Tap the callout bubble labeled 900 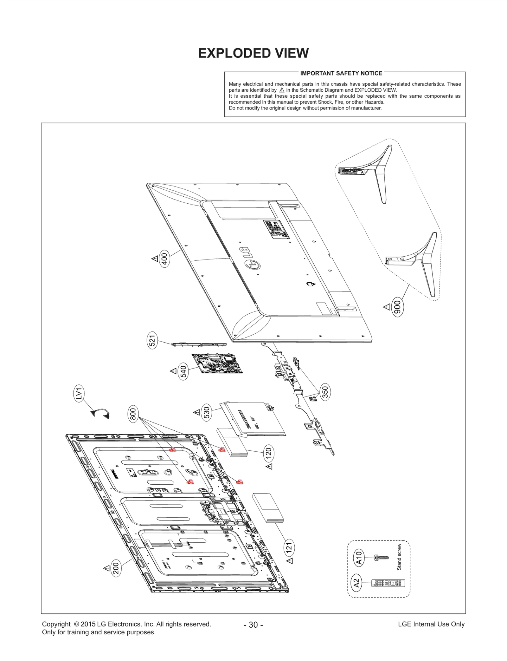pyautogui.click(x=397, y=307)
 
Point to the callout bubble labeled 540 pyautogui.click(x=183, y=371)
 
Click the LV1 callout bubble pyautogui.click(x=79, y=394)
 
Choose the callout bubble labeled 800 pyautogui.click(x=133, y=414)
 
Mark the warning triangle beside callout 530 pyautogui.click(x=196, y=412)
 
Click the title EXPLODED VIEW pyautogui.click(x=253, y=53)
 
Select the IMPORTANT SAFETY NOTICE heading pyautogui.click(x=341, y=73)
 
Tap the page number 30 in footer pyautogui.click(x=253, y=625)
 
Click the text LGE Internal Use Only pyautogui.click(x=431, y=624)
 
